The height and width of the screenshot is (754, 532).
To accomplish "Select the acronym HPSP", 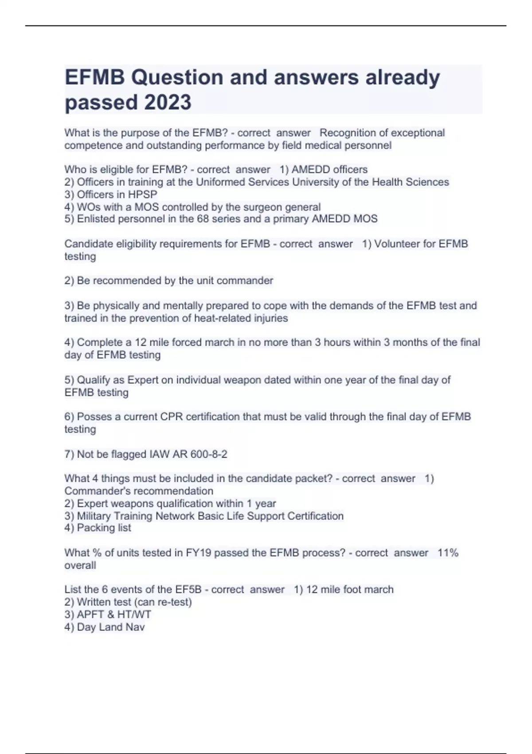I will click(142, 194).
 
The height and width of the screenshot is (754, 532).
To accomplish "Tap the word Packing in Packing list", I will click(95, 527).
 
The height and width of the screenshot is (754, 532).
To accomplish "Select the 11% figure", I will click(448, 553).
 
